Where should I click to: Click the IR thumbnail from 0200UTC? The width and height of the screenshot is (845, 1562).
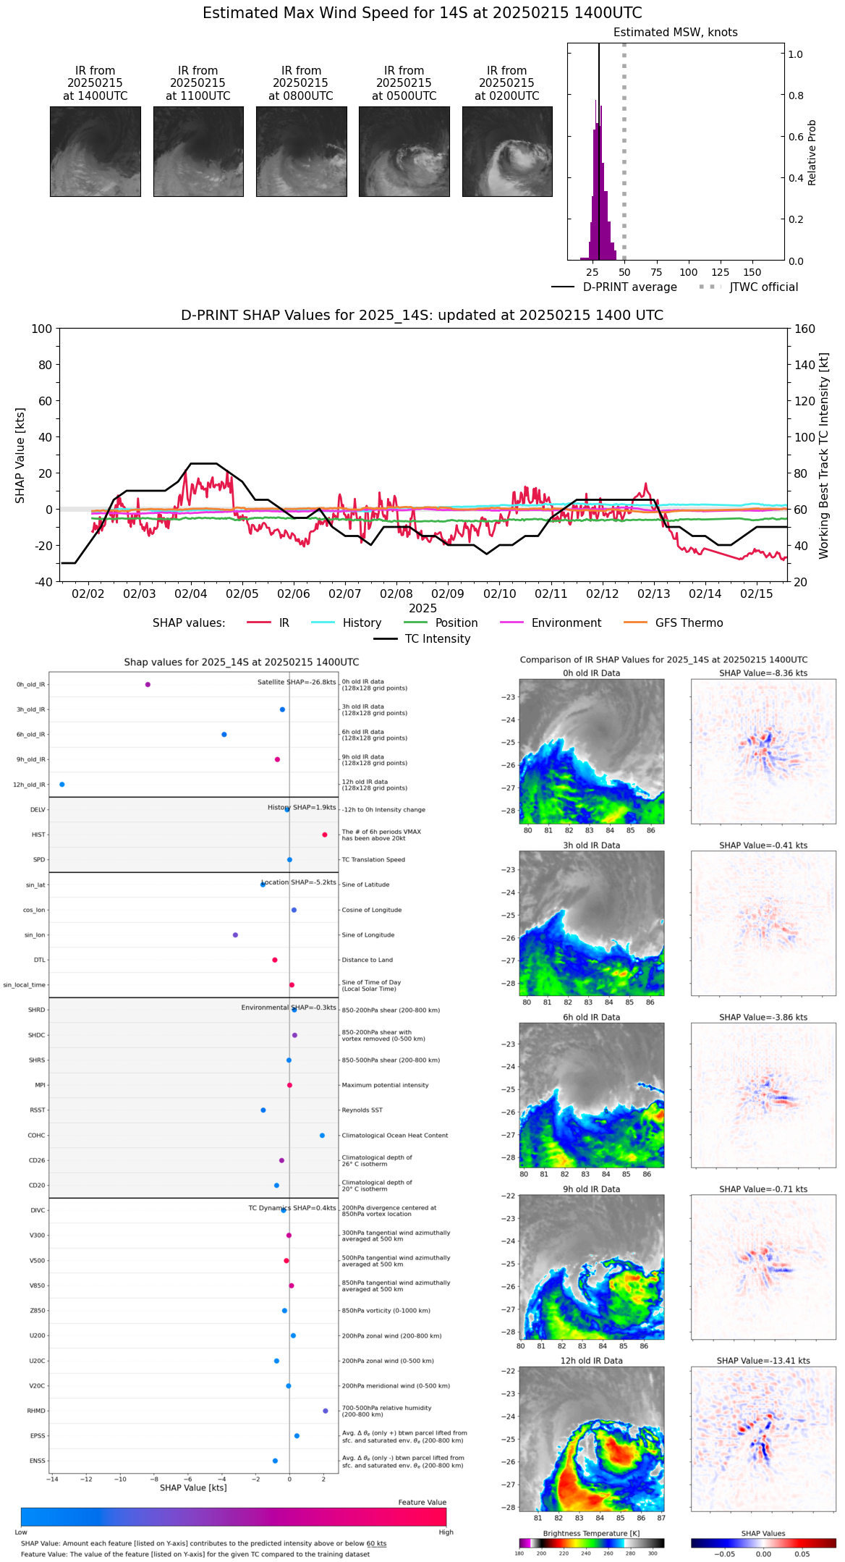coord(507,151)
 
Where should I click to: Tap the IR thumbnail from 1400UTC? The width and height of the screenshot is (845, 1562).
coord(95,151)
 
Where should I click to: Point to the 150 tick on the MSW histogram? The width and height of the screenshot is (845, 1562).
coord(752,272)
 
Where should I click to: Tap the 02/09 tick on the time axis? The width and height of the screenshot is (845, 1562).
coord(448,594)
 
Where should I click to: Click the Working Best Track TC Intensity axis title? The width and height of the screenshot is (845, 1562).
coord(824,456)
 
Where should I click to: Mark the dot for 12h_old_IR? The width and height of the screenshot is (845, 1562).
coord(62,785)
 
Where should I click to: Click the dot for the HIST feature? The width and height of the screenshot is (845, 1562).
coord(325,835)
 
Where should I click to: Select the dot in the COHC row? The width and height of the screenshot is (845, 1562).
coord(323,1136)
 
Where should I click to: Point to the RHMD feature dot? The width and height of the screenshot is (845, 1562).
coord(326,1411)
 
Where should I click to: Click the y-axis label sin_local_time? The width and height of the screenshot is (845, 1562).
coord(25,985)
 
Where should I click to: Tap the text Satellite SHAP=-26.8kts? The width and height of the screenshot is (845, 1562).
coord(297,683)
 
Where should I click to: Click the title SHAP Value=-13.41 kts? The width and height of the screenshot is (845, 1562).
coord(763,1361)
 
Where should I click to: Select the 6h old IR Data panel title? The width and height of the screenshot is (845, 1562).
coord(592,1017)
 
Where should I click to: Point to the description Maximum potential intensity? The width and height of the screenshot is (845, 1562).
coord(385,1085)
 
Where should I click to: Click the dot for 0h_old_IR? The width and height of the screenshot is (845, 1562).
coord(148,685)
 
